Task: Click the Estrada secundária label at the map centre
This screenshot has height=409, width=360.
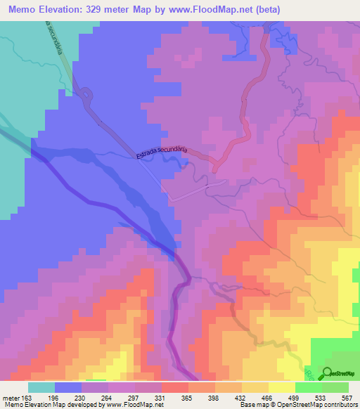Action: pyautogui.click(x=162, y=153)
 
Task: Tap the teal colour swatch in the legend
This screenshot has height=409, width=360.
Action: pyautogui.click(x=41, y=387)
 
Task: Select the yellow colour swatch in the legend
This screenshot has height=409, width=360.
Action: pyautogui.click(x=281, y=387)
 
